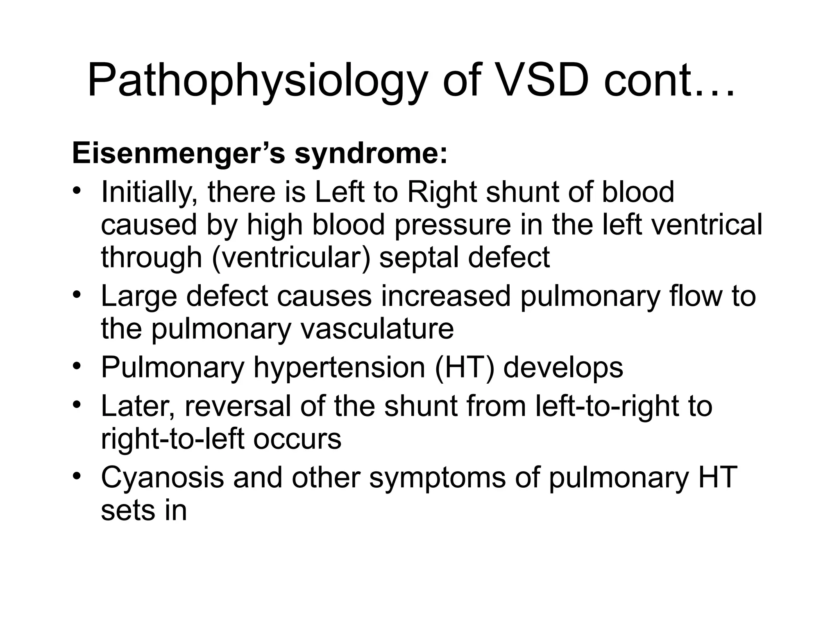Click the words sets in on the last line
click(143, 511)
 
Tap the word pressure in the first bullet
click(453, 225)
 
